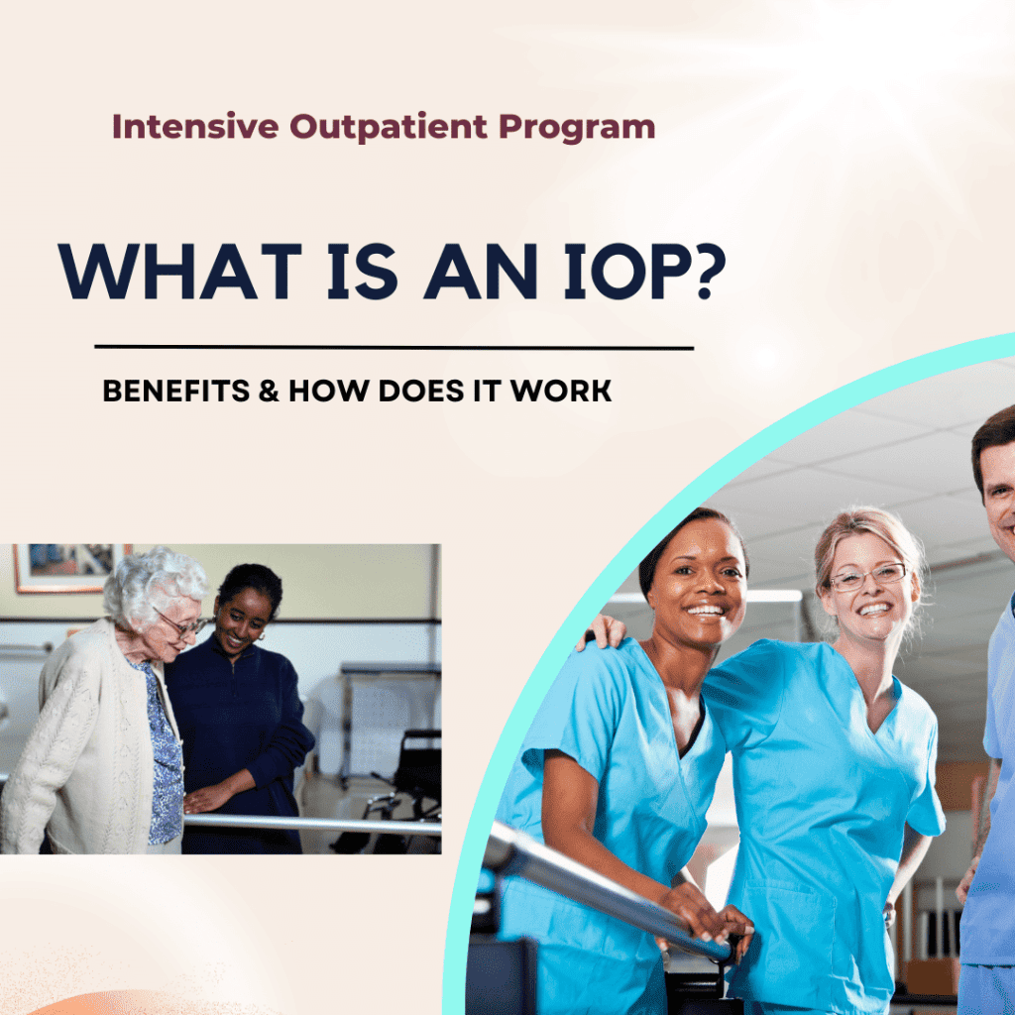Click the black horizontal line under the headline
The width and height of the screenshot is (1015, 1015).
tap(394, 348)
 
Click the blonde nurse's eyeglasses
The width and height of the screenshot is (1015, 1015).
tap(868, 576)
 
